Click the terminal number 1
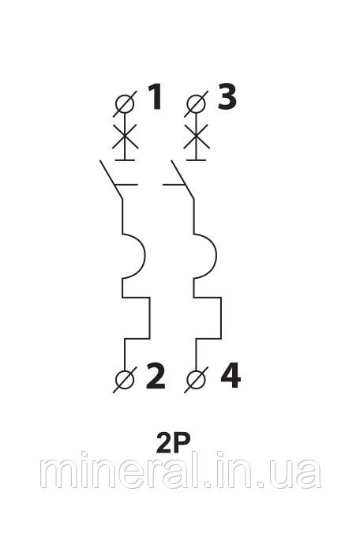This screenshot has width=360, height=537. pyautogui.click(x=155, y=97)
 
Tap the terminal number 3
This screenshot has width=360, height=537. pyautogui.click(x=227, y=97)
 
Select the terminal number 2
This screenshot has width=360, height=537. pyautogui.click(x=156, y=376)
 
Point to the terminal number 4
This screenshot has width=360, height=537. pyautogui.click(x=231, y=376)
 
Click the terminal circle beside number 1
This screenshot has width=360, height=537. pyautogui.click(x=125, y=103)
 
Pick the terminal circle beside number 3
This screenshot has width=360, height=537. pyautogui.click(x=197, y=103)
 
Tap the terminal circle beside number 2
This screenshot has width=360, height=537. pyautogui.click(x=125, y=380)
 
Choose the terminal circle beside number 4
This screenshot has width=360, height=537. pyautogui.click(x=197, y=380)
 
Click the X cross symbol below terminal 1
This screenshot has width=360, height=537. pyautogui.click(x=125, y=137)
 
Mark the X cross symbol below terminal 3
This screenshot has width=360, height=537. pyautogui.click(x=197, y=137)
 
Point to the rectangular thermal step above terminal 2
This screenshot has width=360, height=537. pyautogui.click(x=149, y=317)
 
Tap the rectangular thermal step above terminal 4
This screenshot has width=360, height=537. pyautogui.click(x=220, y=317)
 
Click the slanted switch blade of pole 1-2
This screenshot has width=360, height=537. pyautogui.click(x=111, y=179)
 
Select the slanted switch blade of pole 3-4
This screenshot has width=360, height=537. pyautogui.click(x=182, y=179)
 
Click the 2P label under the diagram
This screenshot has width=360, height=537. pyautogui.click(x=173, y=443)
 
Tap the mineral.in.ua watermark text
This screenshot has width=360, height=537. pyautogui.click(x=181, y=470)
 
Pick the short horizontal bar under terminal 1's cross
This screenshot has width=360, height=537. pyautogui.click(x=125, y=160)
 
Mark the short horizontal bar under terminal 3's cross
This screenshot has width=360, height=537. pyautogui.click(x=197, y=160)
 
